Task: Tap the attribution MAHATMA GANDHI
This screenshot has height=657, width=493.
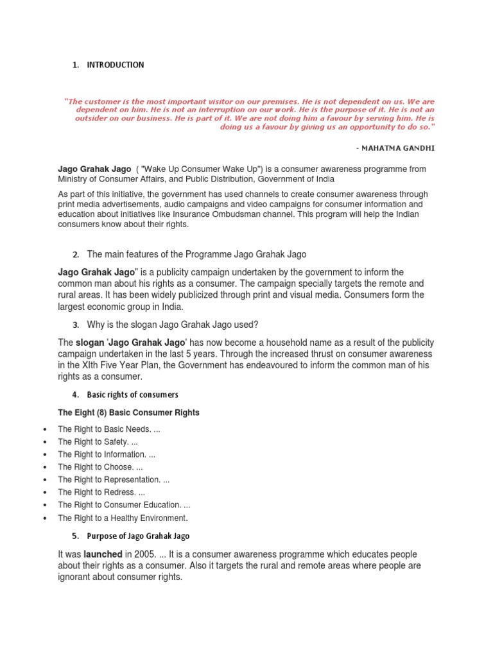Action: (x=399, y=148)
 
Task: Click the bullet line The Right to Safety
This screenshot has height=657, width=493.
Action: (x=98, y=442)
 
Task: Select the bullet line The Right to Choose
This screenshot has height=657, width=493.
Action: (x=100, y=467)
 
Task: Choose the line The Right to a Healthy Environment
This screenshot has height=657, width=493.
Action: (x=123, y=518)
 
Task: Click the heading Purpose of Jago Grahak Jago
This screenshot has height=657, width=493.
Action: (x=138, y=536)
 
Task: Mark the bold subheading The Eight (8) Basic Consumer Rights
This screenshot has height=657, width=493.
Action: (x=128, y=413)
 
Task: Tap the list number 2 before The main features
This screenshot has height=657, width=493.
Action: (x=75, y=255)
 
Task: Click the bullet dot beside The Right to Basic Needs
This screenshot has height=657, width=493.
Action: (x=44, y=429)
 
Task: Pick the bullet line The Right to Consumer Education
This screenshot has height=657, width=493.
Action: (x=124, y=505)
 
